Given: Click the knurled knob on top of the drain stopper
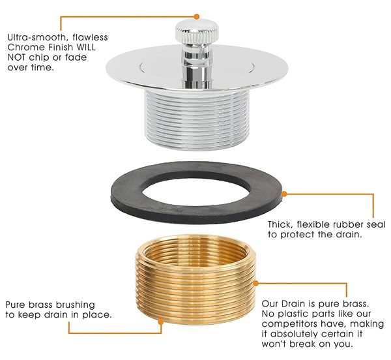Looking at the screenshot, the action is (197, 31).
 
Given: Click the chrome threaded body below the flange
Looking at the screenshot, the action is (197, 120).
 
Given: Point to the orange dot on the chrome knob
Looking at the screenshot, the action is (197, 17).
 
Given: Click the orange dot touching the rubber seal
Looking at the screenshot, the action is (284, 194).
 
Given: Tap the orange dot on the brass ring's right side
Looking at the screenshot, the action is (256, 283).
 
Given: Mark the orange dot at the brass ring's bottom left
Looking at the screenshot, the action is (161, 322).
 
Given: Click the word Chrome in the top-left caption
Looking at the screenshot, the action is (22, 47).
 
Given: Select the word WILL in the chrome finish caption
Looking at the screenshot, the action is (86, 47).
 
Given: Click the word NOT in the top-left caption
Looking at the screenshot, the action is (16, 57).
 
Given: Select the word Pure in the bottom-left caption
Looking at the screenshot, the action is (16, 305).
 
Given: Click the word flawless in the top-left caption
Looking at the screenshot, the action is (91, 37).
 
